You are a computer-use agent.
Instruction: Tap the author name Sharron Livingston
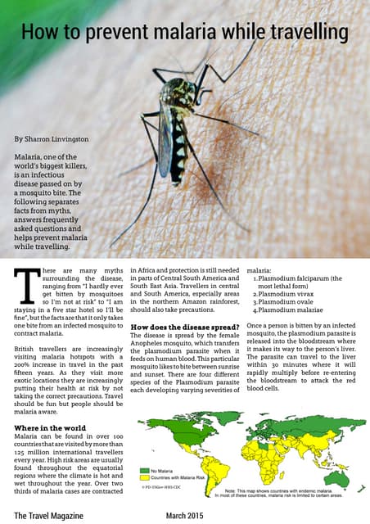(54, 140)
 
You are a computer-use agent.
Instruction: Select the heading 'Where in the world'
(50, 428)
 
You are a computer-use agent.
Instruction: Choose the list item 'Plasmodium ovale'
(285, 302)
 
